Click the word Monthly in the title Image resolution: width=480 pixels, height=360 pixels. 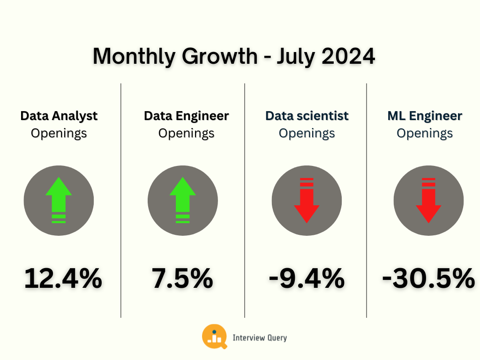click(135, 57)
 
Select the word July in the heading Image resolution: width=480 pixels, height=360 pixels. click(296, 57)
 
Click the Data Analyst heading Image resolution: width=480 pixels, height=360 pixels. click(59, 117)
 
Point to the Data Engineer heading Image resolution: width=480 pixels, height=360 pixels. click(187, 117)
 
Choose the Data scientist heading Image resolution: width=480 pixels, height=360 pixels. click(307, 116)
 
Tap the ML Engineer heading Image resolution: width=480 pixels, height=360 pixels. click(425, 117)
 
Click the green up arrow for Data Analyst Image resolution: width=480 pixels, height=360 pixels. click(59, 200)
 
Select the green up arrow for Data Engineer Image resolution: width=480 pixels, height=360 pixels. click(183, 200)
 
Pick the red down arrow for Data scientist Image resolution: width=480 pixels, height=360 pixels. click(307, 201)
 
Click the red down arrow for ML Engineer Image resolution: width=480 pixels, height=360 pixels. click(428, 201)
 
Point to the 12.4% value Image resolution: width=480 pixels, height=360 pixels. click(63, 278)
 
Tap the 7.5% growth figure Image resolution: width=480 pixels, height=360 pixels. click(182, 278)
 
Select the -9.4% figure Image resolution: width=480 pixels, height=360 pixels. click(307, 278)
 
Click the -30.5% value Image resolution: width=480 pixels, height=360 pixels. click(428, 278)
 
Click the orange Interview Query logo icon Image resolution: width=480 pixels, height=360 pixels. click(215, 337)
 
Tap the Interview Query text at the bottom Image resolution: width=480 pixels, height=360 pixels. click(260, 337)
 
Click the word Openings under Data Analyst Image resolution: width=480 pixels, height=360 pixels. click(59, 134)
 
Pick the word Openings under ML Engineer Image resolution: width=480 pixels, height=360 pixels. click(425, 134)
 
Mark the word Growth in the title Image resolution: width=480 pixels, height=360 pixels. click(220, 56)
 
